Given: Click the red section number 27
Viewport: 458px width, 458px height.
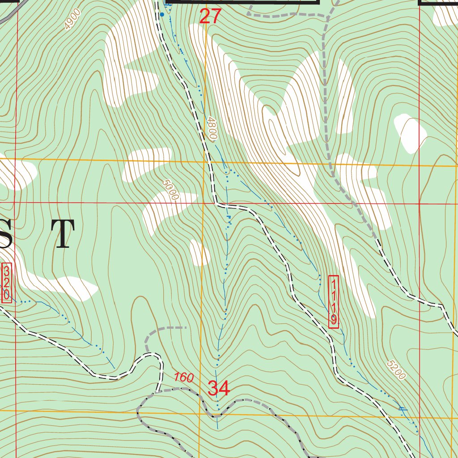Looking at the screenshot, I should (210, 17).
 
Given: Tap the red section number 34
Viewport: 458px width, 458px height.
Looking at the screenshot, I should (219, 388).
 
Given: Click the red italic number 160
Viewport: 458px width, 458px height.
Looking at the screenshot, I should (184, 377).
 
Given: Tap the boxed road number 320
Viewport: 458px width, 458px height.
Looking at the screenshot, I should (7, 283).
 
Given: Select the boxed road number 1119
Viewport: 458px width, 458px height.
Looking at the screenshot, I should (334, 302).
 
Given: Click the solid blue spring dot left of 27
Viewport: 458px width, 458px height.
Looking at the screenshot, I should (162, 14).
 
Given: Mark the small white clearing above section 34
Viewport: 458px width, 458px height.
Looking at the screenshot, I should (199, 252).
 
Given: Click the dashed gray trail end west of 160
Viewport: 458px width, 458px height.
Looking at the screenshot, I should (185, 327).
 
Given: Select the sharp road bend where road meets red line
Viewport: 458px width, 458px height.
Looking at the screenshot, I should (216, 204).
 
